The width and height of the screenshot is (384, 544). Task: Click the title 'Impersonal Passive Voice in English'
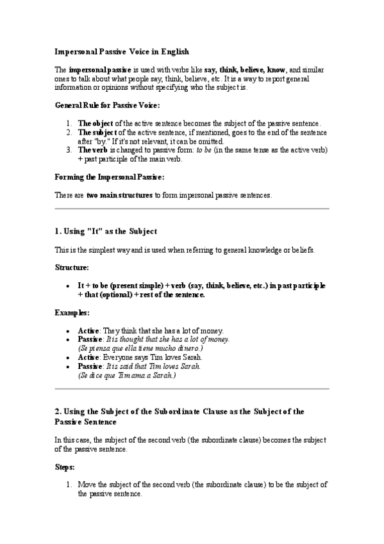pyautogui.click(x=121, y=51)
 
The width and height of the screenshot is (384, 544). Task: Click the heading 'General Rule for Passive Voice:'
pyautogui.click(x=107, y=106)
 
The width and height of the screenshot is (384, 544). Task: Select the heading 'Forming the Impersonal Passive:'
pyautogui.click(x=109, y=176)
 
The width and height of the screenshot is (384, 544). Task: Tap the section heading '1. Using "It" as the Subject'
pyautogui.click(x=106, y=231)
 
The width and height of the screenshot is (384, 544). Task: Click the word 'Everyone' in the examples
pyautogui.click(x=121, y=357)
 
